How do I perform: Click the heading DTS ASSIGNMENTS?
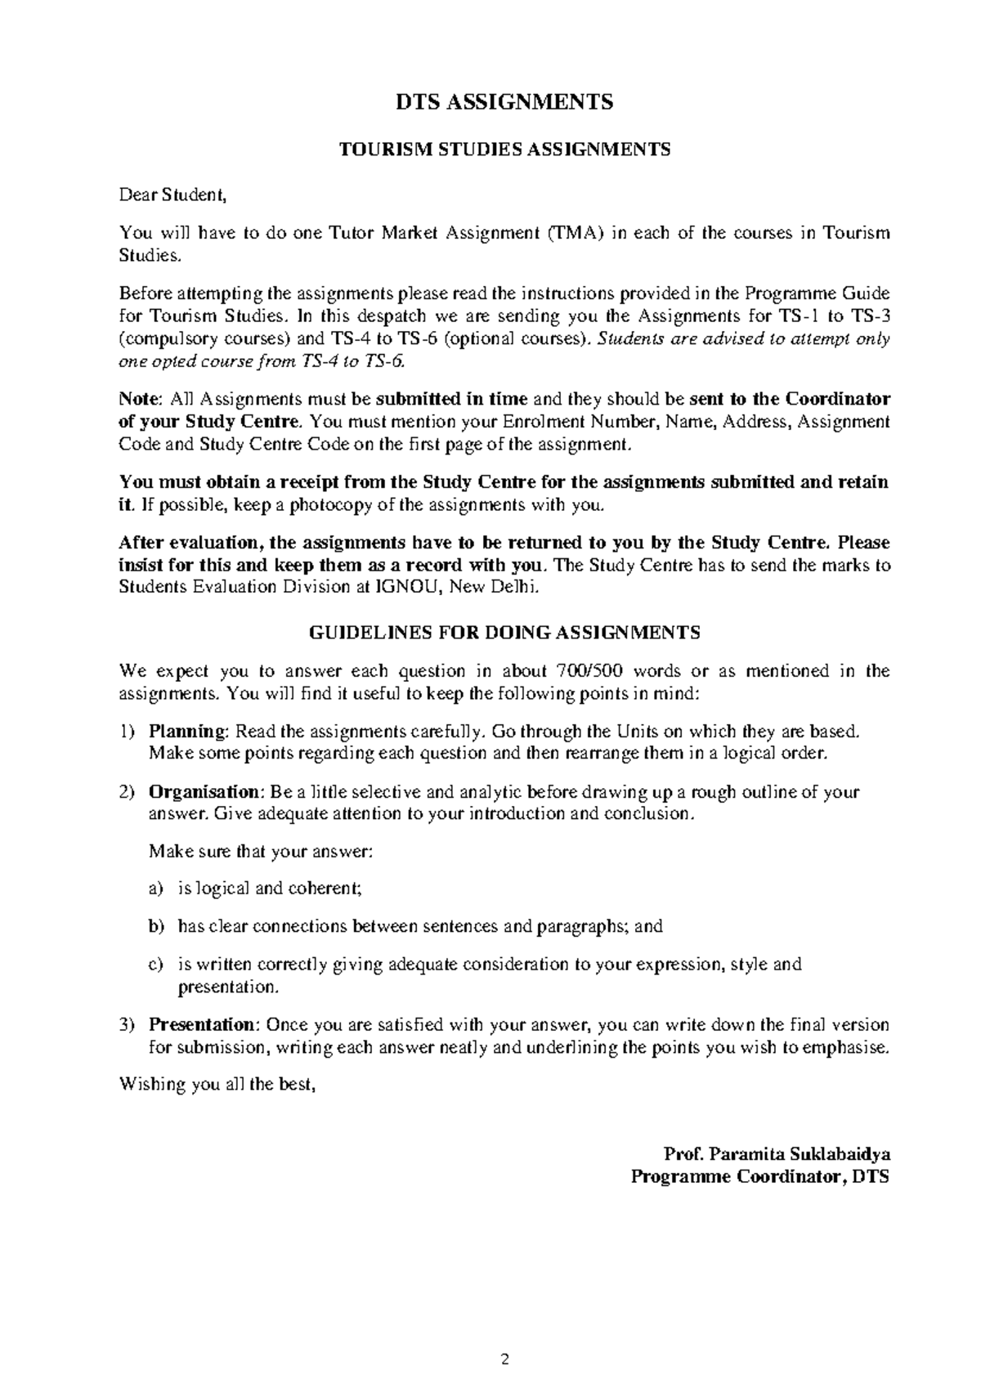504,102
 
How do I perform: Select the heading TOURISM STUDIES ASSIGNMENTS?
504,150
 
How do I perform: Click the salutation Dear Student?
172,195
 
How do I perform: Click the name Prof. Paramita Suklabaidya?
777,1155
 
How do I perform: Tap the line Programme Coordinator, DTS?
759,1177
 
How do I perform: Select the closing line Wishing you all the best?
217,1086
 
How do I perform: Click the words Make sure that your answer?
261,851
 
